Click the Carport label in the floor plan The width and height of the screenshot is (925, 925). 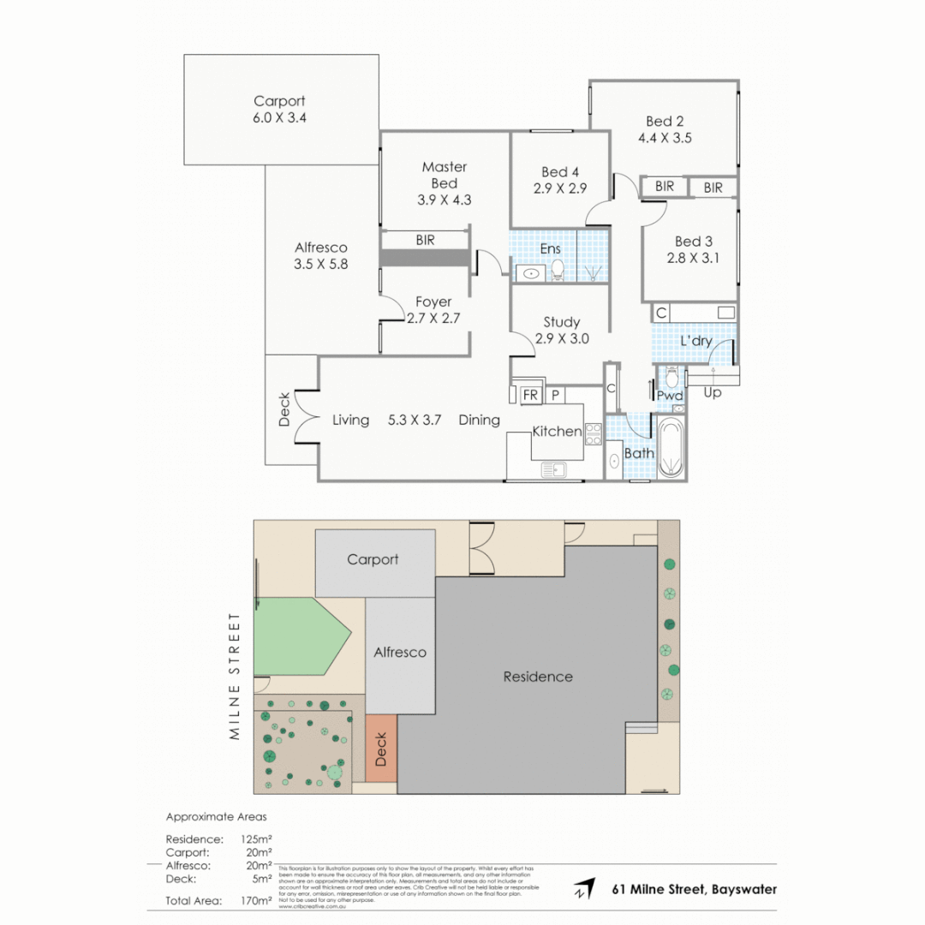(279, 101)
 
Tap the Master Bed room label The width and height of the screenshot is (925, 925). (445, 175)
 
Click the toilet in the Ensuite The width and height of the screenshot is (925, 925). (558, 270)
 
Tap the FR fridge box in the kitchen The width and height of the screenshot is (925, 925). (529, 395)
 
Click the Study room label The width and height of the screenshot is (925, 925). (561, 322)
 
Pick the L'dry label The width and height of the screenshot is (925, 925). (695, 341)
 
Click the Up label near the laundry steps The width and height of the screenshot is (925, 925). (712, 393)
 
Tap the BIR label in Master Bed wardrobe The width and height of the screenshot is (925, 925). (426, 240)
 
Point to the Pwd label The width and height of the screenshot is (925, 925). (670, 395)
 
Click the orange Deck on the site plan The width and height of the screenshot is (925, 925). (381, 748)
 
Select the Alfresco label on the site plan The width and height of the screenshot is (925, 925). (400, 652)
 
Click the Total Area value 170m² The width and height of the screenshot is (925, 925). (258, 900)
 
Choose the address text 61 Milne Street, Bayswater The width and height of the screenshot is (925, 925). (695, 889)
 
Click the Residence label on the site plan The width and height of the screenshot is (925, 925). (537, 677)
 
